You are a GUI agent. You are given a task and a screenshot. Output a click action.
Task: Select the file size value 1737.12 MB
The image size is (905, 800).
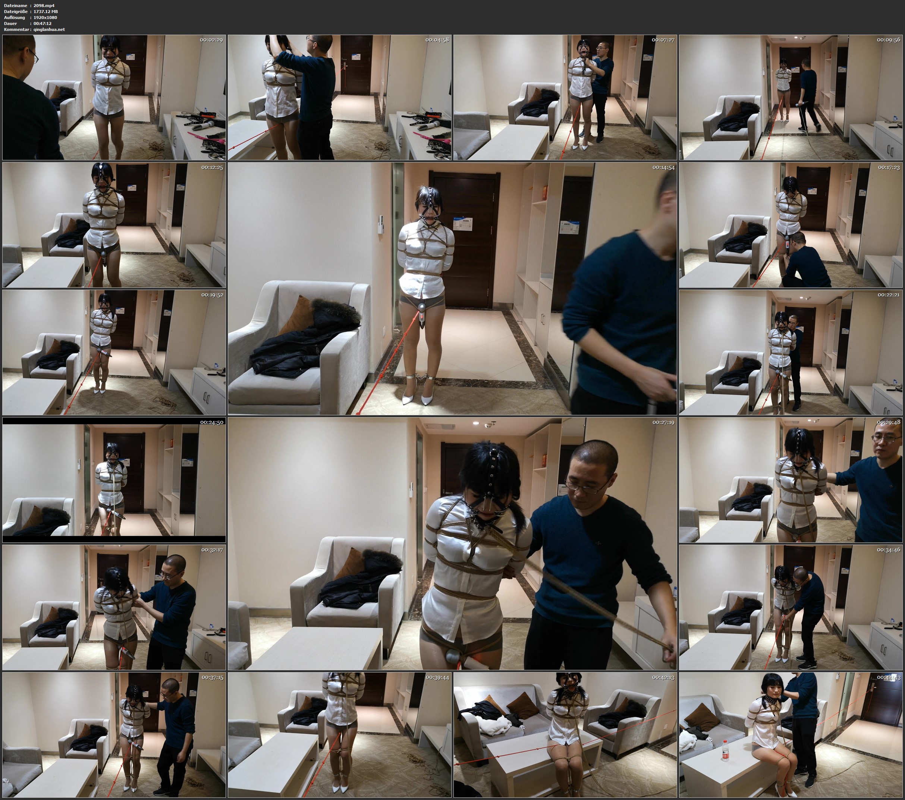tap(45, 12)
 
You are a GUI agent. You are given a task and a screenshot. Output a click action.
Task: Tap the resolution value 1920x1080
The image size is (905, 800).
tap(45, 17)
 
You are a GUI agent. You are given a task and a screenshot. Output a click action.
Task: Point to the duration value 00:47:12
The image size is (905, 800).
tap(43, 23)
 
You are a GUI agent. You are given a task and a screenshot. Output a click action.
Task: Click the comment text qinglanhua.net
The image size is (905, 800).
tap(49, 29)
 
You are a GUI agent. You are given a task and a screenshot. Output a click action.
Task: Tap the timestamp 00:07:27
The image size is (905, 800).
tap(663, 40)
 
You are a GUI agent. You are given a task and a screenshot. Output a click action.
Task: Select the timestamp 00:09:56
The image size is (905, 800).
tap(889, 40)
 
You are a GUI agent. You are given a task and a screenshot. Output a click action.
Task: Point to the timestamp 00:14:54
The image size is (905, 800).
tap(663, 167)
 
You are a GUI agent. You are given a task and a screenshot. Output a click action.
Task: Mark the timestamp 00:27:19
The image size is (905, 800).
tap(663, 422)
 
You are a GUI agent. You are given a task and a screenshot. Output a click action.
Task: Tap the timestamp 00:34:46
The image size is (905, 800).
tap(889, 550)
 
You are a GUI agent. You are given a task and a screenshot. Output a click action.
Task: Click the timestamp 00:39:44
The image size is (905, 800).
tap(437, 677)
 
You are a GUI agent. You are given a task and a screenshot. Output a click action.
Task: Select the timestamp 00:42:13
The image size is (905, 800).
tap(663, 677)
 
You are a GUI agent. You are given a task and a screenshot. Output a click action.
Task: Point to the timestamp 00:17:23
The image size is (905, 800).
tap(889, 167)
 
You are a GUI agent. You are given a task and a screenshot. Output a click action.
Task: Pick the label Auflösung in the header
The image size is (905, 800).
tap(15, 17)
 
